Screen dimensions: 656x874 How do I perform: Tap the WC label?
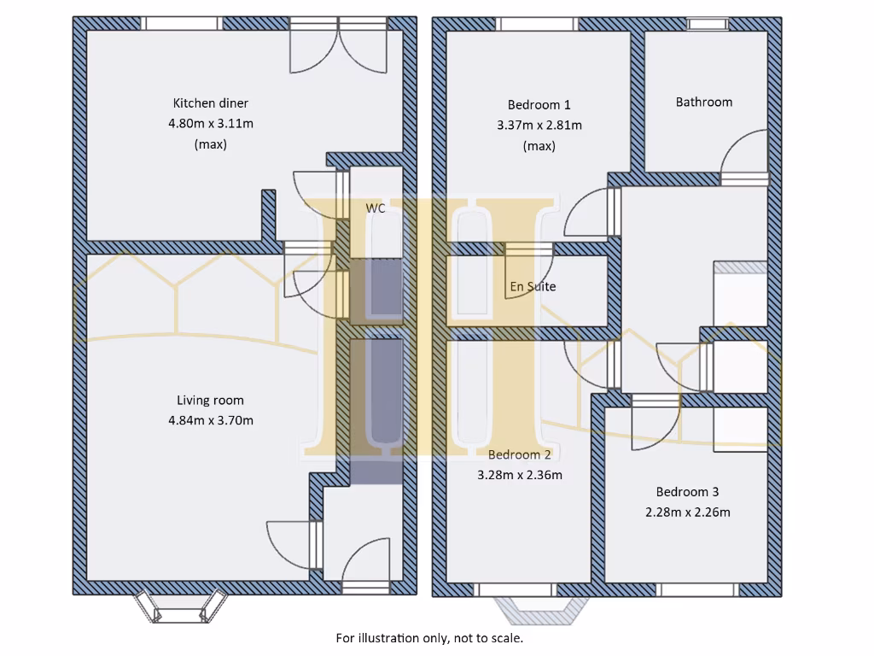375,208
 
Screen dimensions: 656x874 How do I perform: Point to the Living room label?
210,400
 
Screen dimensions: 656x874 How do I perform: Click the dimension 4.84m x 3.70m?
210,420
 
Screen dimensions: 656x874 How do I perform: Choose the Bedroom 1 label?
539,105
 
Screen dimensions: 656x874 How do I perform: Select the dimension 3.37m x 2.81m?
539,126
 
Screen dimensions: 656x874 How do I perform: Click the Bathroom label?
703,102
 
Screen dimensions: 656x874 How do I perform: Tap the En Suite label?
533,287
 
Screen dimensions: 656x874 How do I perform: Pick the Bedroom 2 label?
520,454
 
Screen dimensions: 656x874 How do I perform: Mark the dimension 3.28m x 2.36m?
520,475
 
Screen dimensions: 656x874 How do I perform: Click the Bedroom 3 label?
687,492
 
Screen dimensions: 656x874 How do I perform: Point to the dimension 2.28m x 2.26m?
687,512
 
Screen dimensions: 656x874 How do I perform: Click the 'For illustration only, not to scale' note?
429,638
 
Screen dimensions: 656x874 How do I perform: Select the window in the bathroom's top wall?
708,23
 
